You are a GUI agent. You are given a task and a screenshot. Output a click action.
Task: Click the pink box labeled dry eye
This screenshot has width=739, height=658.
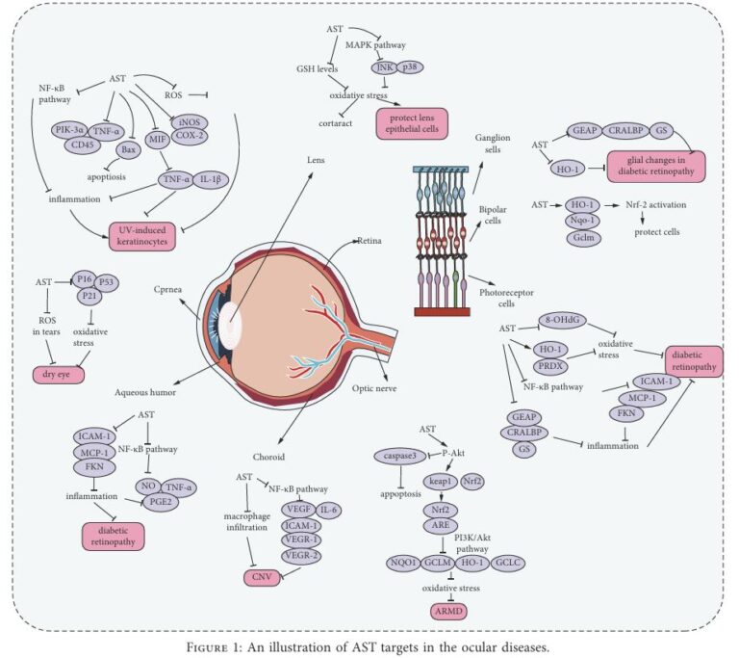point(59,375)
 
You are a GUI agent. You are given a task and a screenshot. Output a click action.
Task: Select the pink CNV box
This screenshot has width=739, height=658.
point(262,577)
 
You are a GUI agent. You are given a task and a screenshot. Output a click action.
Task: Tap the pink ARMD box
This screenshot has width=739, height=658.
point(449,611)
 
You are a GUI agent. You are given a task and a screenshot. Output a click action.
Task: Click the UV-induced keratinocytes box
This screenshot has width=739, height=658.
point(141,236)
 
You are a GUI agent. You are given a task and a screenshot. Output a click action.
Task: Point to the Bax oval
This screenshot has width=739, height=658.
point(128,150)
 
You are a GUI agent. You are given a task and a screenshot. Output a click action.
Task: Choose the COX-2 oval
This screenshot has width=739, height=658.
point(190,135)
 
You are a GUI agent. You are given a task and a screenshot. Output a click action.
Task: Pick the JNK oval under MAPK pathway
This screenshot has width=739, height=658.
point(385,67)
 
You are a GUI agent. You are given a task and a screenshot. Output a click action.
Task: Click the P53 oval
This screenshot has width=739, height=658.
point(107,282)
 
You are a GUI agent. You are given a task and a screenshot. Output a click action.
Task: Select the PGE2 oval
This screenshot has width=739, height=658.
point(161,502)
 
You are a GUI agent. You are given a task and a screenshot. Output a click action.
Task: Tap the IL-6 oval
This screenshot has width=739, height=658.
point(328,510)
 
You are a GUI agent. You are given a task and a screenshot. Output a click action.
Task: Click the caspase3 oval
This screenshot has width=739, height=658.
point(400,456)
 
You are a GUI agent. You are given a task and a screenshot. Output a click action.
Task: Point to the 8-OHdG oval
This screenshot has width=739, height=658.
point(562,320)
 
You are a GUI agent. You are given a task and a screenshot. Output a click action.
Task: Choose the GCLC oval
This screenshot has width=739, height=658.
point(508,563)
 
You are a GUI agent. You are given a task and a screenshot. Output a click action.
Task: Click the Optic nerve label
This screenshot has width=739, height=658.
point(374,388)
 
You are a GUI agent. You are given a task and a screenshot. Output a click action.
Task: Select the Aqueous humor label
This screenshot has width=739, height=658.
point(145,392)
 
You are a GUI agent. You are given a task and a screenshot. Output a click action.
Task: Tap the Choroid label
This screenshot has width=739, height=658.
point(268,457)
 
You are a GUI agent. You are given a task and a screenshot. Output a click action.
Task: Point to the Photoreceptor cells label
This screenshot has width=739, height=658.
point(506,298)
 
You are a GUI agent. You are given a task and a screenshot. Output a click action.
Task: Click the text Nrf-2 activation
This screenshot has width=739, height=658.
point(655,205)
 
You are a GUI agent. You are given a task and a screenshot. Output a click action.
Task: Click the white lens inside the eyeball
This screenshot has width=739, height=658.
point(230,326)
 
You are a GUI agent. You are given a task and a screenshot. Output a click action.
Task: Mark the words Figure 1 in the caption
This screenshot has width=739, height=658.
point(215,646)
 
